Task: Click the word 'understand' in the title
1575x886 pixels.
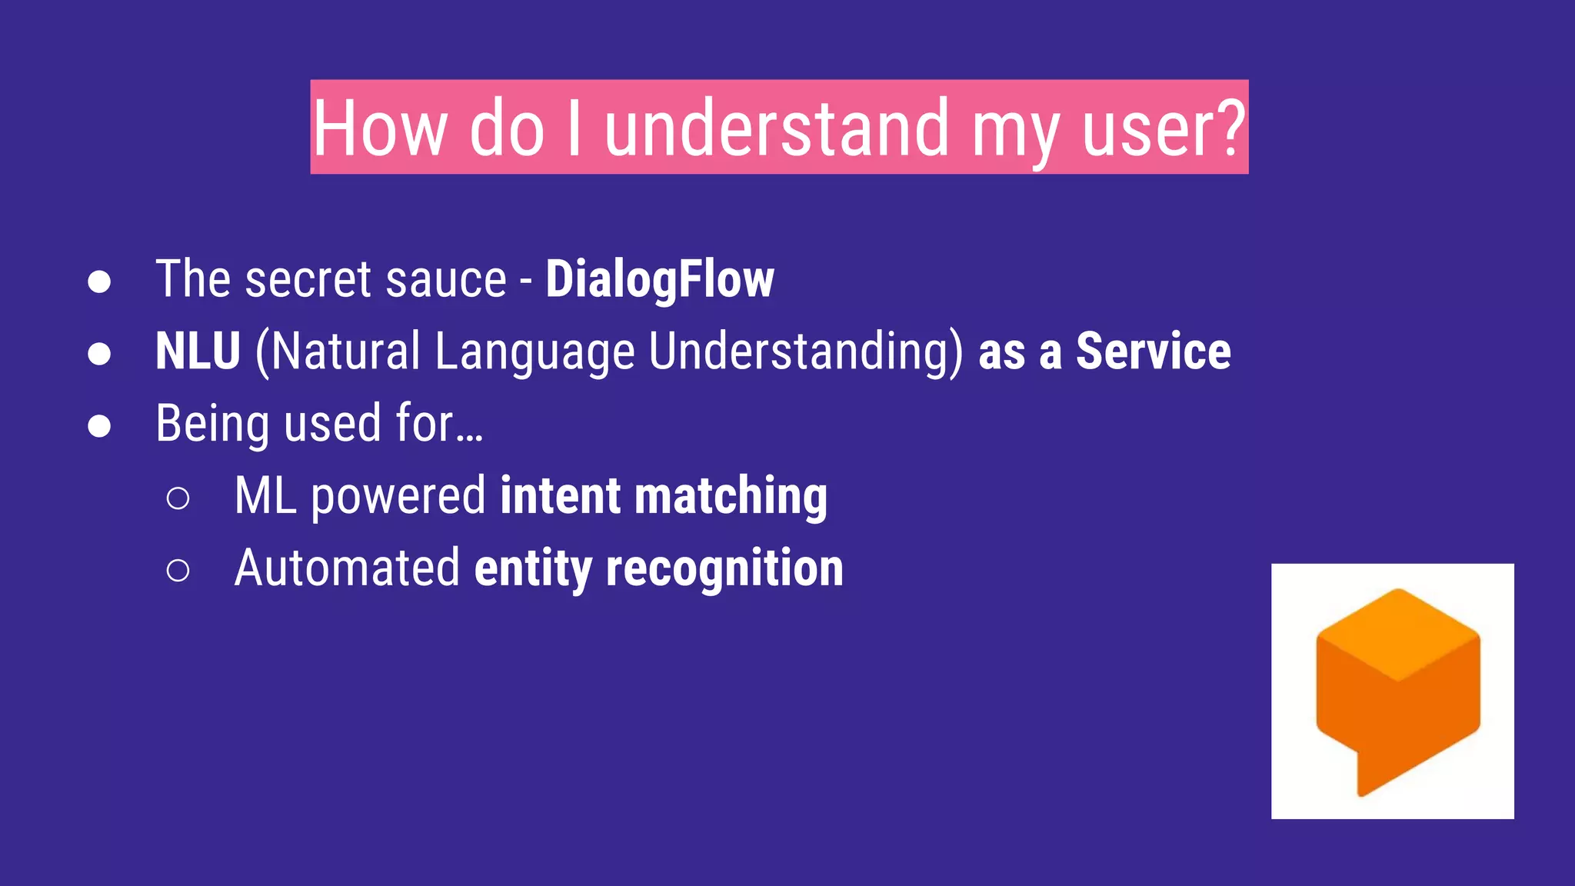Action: coord(777,128)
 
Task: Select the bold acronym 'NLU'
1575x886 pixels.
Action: coord(198,351)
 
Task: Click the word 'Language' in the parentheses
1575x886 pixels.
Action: coord(534,352)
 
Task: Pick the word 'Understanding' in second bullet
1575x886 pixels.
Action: coord(805,352)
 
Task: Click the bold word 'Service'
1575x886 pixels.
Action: coord(1153,351)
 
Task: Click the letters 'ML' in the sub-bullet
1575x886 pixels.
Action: coord(265,495)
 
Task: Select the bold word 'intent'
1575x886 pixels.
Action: coord(560,495)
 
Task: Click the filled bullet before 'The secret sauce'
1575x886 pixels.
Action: coord(99,281)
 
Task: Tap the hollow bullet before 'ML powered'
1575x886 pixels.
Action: coord(178,498)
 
